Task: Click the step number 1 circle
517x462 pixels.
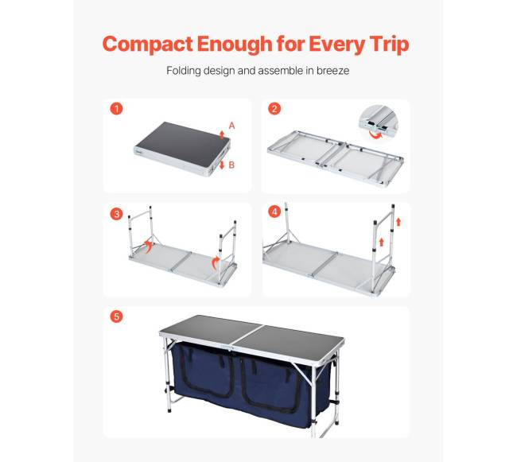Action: click(116, 108)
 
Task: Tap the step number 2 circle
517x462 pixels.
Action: click(274, 108)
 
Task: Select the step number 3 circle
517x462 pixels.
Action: click(116, 214)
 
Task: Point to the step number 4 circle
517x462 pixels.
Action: click(274, 212)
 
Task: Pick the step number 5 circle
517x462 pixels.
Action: click(116, 316)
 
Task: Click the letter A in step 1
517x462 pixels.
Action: click(231, 126)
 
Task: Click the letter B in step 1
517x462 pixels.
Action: click(231, 165)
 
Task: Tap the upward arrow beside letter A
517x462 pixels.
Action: click(222, 134)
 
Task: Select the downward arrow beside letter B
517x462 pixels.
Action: click(222, 165)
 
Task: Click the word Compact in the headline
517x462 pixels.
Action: click(147, 45)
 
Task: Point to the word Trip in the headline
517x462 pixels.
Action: click(389, 45)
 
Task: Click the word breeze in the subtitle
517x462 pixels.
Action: click(332, 71)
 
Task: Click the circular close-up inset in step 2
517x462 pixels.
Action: click(379, 121)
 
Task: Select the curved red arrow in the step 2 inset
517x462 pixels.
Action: click(375, 134)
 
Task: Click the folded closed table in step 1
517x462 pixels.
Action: click(182, 149)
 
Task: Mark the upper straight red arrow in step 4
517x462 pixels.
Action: click(398, 222)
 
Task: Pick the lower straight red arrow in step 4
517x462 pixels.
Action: click(382, 243)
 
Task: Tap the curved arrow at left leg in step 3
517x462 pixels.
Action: click(148, 246)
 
